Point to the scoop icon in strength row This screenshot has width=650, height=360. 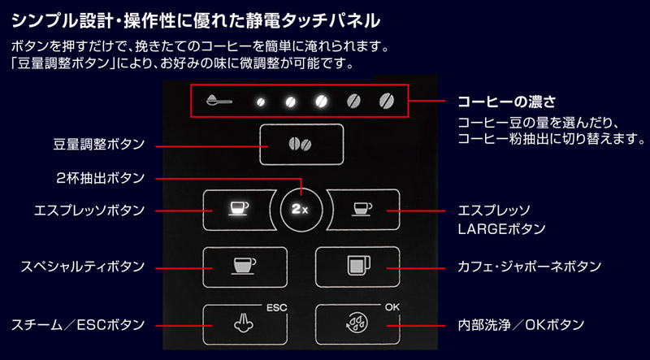(x=218, y=102)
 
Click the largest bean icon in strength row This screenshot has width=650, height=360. (x=385, y=102)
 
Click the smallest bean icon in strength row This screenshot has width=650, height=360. (x=261, y=102)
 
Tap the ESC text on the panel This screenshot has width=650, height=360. (x=275, y=307)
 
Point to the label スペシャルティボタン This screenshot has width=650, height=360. (x=83, y=266)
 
